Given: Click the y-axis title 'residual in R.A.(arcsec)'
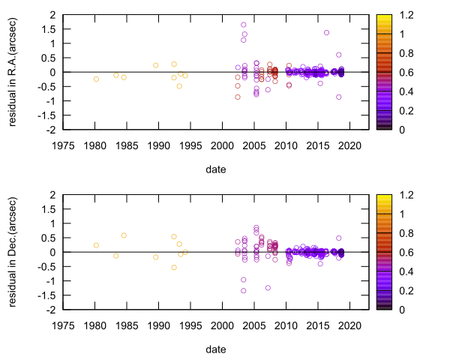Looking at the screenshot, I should (13, 71).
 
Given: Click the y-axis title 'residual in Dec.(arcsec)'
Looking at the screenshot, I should (13, 251).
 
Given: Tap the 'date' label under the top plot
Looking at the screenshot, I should (217, 169).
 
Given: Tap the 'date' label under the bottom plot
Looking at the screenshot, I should (217, 349).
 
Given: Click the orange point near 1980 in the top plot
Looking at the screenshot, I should (96, 79).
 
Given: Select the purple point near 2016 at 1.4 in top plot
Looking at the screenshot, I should (326, 32).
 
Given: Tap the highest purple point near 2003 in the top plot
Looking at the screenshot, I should (244, 25).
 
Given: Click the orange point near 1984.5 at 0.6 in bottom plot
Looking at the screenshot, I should (124, 235).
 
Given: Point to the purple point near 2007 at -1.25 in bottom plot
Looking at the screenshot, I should (268, 288).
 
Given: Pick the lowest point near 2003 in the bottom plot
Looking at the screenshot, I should (244, 291).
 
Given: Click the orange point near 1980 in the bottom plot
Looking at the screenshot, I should (96, 245).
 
